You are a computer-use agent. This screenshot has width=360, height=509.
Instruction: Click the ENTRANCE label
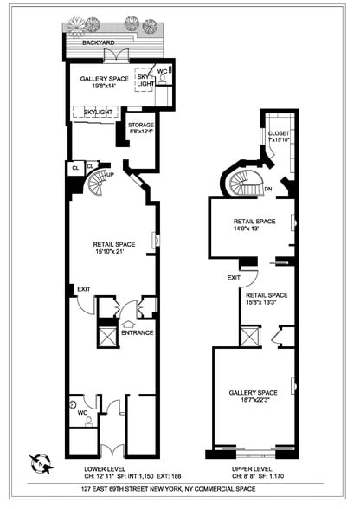(138, 332)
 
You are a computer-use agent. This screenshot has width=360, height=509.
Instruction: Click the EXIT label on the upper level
(234, 278)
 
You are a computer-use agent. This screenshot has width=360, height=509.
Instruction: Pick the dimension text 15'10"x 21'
(114, 253)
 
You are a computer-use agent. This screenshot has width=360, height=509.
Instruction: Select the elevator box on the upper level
(250, 336)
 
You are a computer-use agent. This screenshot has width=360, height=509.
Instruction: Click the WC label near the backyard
(161, 72)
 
